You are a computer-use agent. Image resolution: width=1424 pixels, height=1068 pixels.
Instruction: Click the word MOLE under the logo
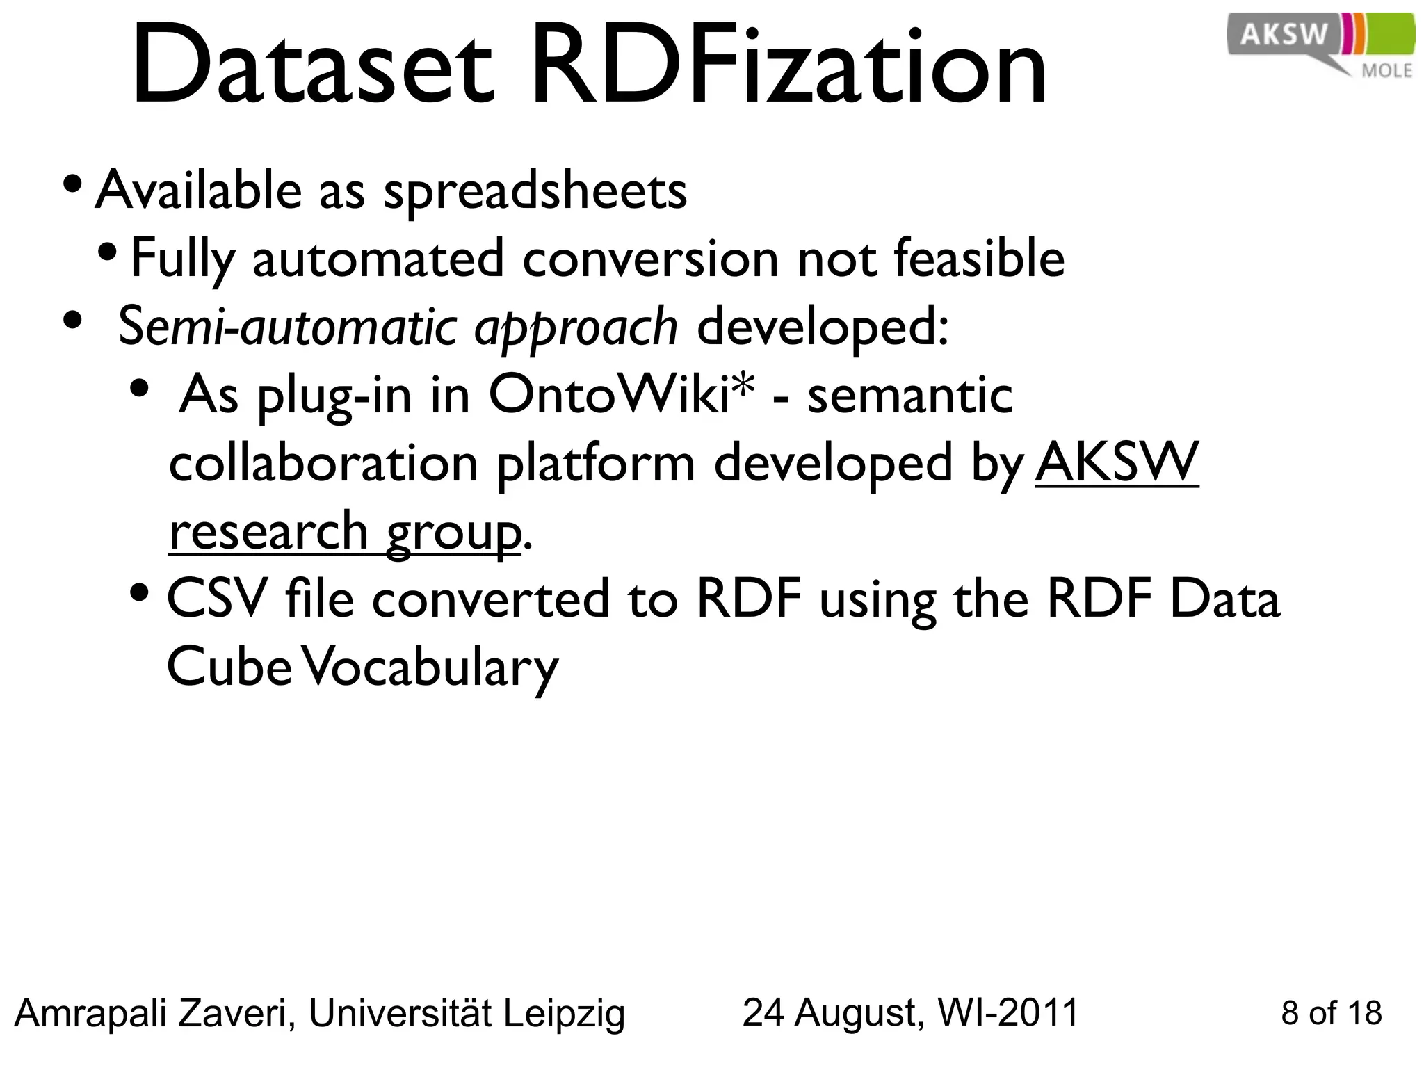pyautogui.click(x=1386, y=71)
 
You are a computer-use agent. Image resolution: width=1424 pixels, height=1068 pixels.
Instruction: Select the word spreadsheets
pyautogui.click(x=535, y=191)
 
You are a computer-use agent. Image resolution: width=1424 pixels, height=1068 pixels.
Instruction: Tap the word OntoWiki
pyautogui.click(x=609, y=395)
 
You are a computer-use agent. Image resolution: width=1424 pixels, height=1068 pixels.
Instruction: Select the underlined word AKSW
pyautogui.click(x=1117, y=462)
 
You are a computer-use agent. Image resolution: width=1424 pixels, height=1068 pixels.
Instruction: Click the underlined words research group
pyautogui.click(x=345, y=531)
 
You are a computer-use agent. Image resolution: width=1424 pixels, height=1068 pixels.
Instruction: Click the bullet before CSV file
pyautogui.click(x=140, y=593)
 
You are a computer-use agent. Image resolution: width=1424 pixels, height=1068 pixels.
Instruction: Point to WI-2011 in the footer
pyautogui.click(x=1008, y=1013)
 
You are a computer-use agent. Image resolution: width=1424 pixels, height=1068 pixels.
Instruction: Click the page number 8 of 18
pyautogui.click(x=1331, y=1013)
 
